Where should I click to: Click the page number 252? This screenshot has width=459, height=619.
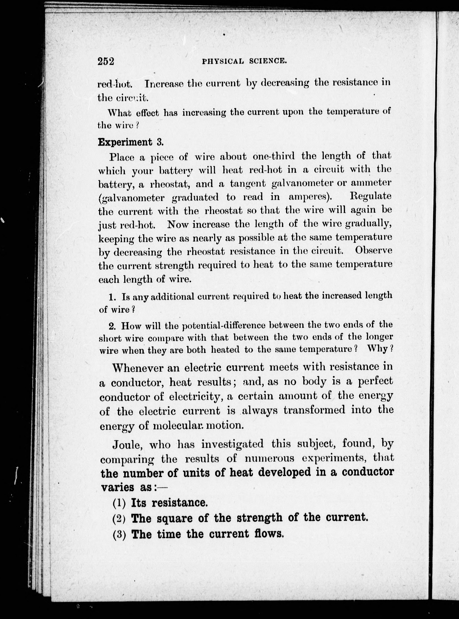[106, 61]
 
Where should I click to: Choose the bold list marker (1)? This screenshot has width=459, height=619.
[119, 503]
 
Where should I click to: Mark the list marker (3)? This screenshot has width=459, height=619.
[119, 534]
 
